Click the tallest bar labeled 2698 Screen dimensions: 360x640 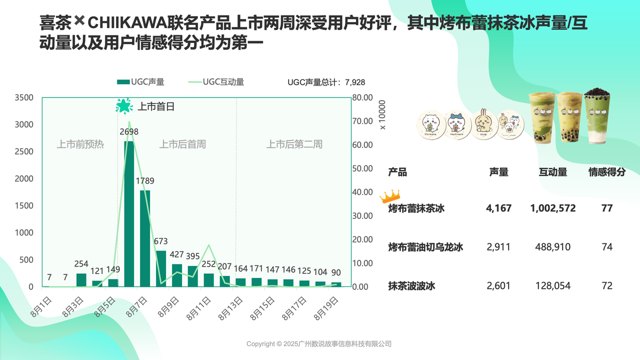(129, 214)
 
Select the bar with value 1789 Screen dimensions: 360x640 (145, 238)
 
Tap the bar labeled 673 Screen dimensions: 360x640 (161, 268)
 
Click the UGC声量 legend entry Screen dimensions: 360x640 (140, 82)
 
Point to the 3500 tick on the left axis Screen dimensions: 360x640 (23, 97)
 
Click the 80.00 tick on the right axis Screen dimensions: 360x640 (362, 97)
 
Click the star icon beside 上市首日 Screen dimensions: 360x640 (123, 106)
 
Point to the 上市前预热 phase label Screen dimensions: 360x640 (80, 144)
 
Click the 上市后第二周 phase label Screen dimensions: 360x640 (294, 144)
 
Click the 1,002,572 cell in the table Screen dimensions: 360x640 (552, 208)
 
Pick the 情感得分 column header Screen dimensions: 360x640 (606, 172)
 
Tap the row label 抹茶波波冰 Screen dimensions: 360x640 (412, 286)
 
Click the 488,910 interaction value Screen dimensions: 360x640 (552, 247)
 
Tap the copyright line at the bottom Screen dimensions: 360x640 (319, 344)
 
